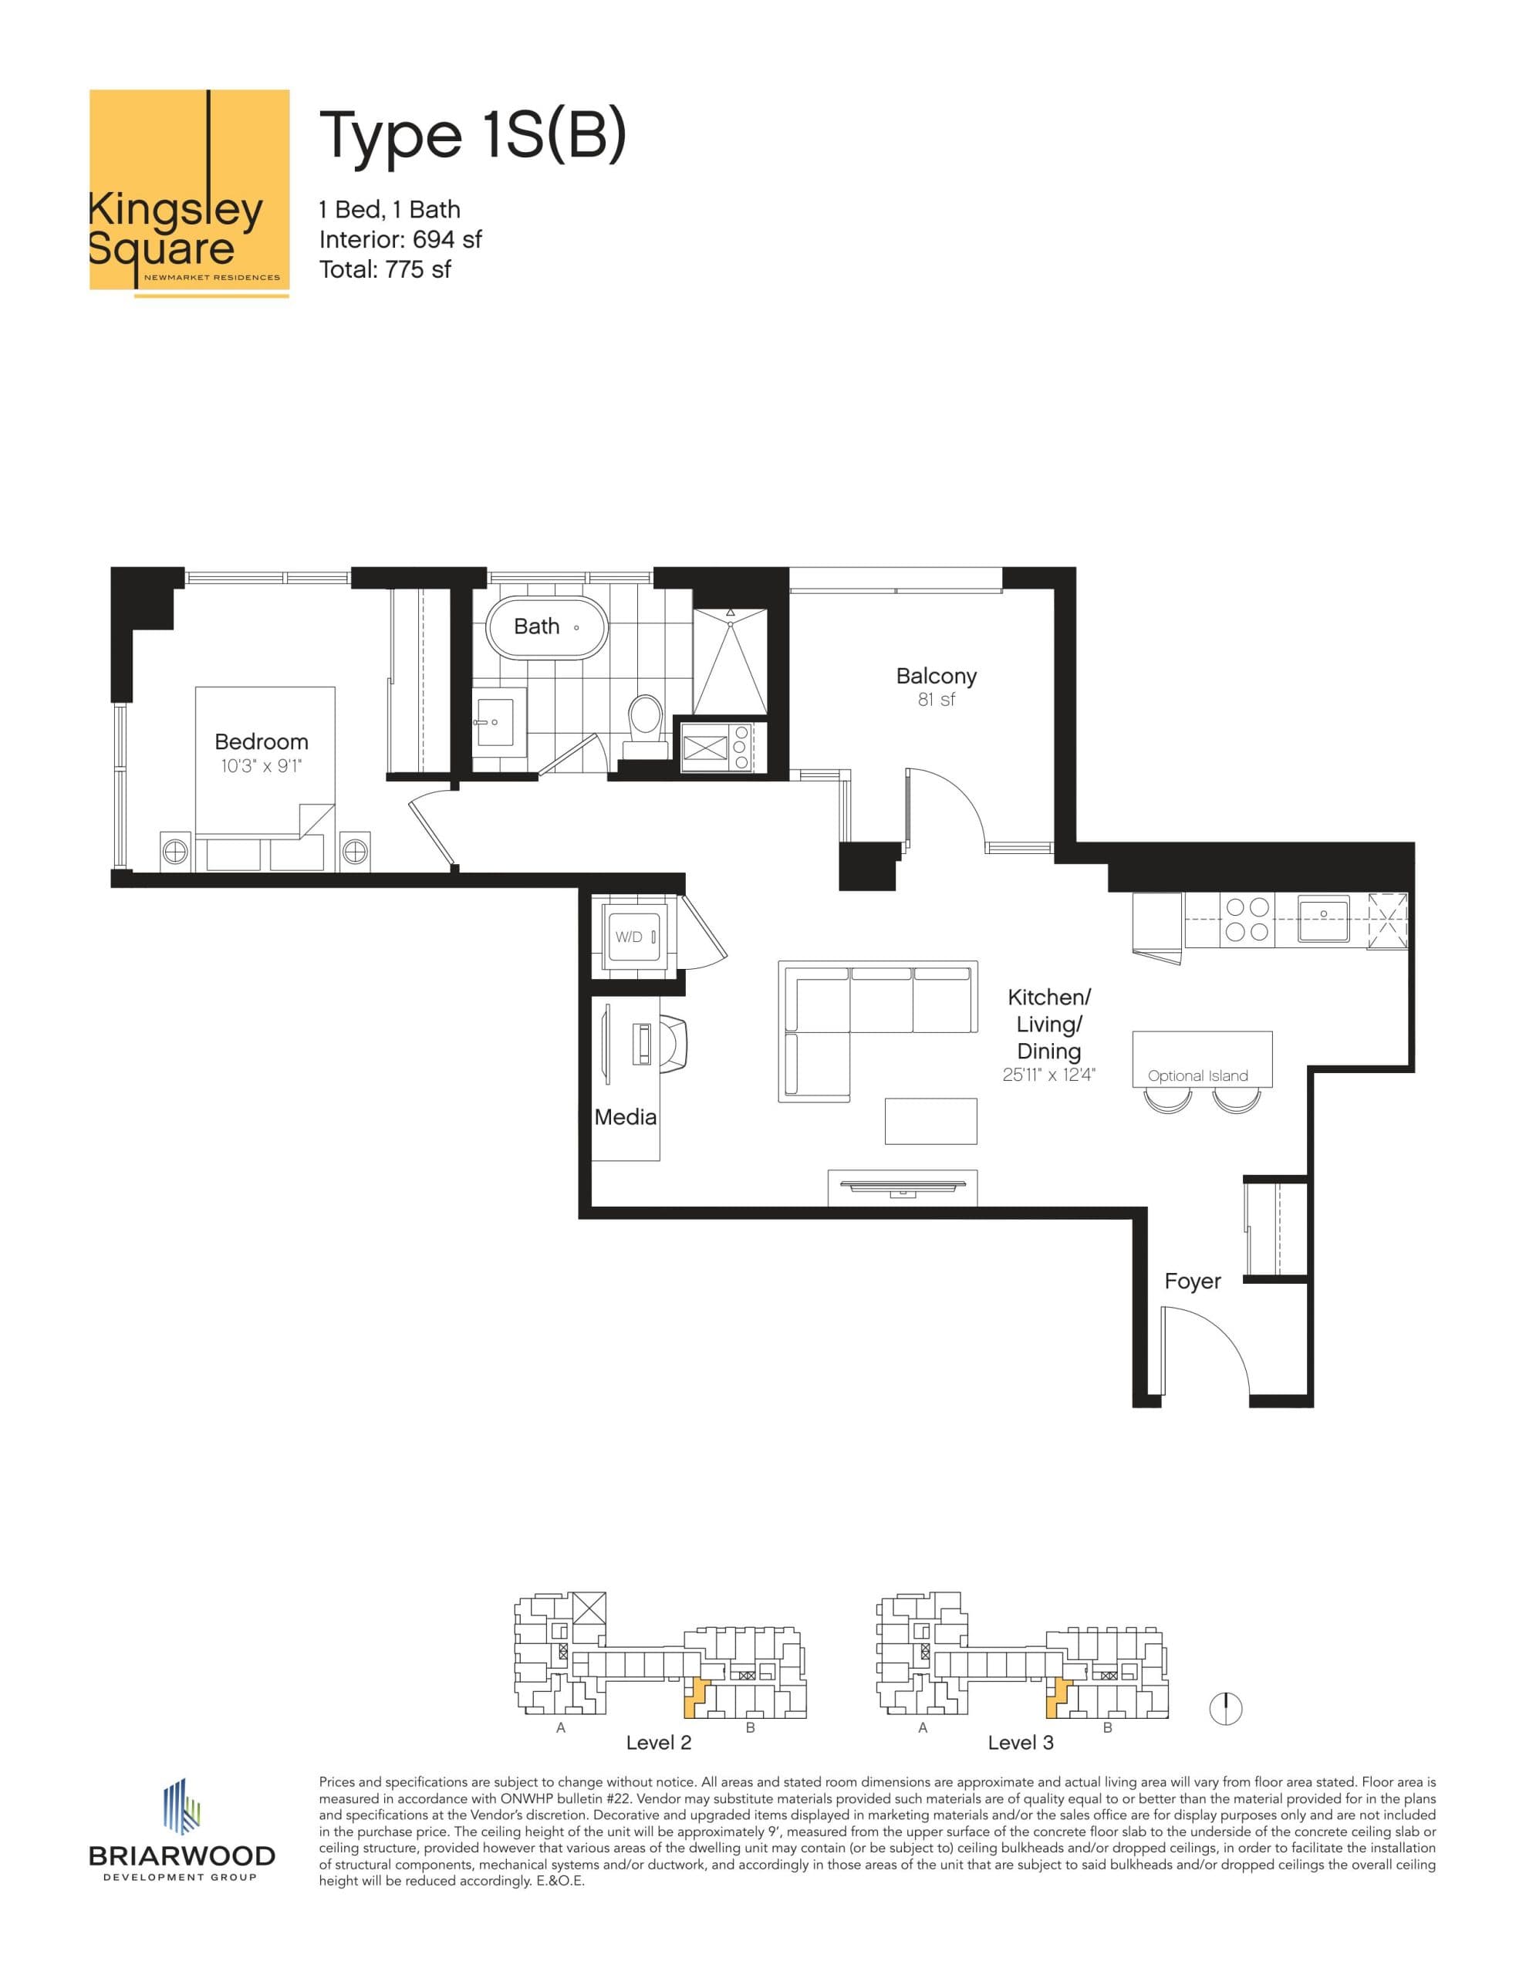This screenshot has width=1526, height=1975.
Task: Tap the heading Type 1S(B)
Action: pos(471,136)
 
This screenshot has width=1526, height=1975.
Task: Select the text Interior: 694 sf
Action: pos(400,240)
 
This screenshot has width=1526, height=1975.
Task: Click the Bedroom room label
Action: pos(261,741)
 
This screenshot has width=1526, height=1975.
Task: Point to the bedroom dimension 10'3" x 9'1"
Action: pos(261,766)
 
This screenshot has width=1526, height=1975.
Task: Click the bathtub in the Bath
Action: pos(545,626)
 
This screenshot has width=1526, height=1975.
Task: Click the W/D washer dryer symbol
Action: pos(630,937)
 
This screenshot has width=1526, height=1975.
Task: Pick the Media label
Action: pos(625,1117)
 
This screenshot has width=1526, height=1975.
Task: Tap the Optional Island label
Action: pos(1197,1075)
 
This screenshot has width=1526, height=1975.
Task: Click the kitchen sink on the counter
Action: pos(1322,918)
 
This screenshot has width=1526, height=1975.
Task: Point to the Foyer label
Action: pos(1192,1281)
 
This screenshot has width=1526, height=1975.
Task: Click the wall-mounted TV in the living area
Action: pos(901,1187)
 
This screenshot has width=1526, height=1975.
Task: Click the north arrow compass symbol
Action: pos(1226,1708)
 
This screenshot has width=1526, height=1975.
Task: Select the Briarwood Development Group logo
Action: pos(181,1830)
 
